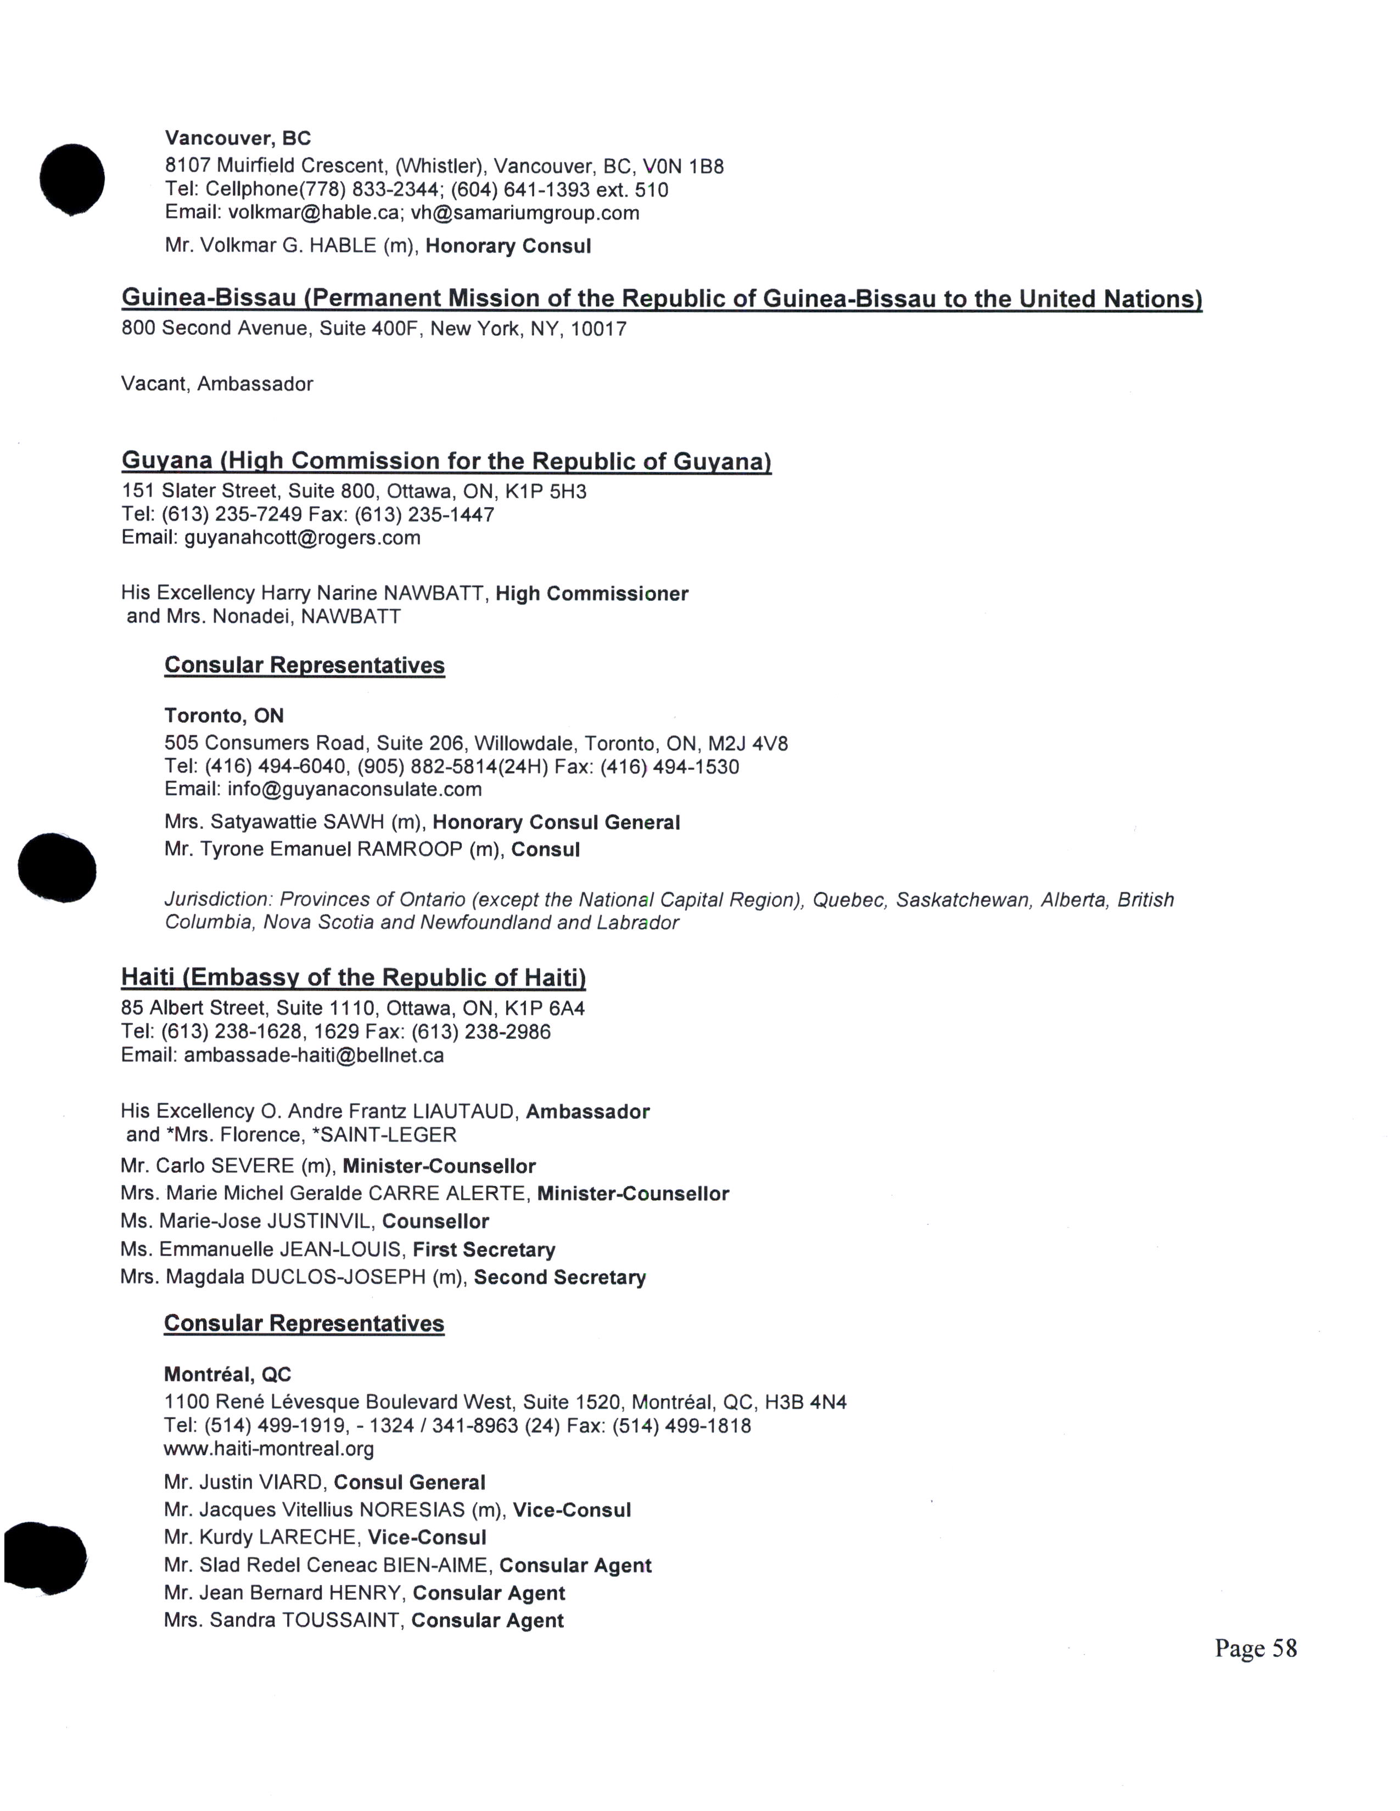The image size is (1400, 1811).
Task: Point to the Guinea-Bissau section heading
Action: tap(661, 299)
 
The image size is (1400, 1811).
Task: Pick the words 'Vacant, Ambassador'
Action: tap(217, 384)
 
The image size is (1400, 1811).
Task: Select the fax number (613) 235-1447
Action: tap(424, 514)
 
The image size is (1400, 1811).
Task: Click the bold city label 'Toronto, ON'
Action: tap(224, 716)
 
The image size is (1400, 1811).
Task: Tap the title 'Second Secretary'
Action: tap(560, 1277)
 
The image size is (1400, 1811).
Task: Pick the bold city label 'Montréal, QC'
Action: tap(227, 1374)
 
